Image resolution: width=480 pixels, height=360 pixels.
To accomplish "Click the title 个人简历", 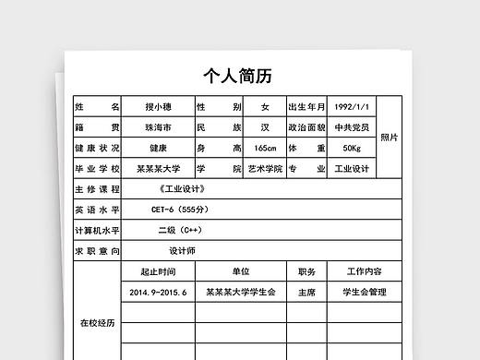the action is tap(238, 75).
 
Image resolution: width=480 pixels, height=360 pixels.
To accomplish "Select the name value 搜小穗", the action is tap(158, 107).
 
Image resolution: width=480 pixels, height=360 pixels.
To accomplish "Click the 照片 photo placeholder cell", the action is tap(390, 138).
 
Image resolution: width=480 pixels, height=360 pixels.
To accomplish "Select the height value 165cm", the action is tap(264, 149).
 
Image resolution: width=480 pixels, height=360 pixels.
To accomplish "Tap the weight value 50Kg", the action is tap(351, 149).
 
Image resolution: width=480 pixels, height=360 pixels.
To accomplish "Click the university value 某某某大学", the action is tap(158, 169).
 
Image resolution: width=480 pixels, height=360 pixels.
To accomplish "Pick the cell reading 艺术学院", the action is tap(264, 169).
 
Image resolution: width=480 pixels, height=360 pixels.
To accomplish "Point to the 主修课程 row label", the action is tap(97, 189).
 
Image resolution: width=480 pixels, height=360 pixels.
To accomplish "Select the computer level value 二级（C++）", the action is tap(179, 230).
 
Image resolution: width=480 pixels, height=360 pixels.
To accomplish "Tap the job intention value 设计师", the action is tap(182, 250).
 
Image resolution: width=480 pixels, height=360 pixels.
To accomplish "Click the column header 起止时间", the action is tap(158, 271).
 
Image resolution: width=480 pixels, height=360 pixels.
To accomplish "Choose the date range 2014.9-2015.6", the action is tap(158, 292).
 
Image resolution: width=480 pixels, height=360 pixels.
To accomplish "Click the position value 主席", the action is tap(306, 292).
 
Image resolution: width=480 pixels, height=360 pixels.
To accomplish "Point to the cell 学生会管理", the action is tap(364, 292).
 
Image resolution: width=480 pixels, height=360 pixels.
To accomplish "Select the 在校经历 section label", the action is tap(97, 323).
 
